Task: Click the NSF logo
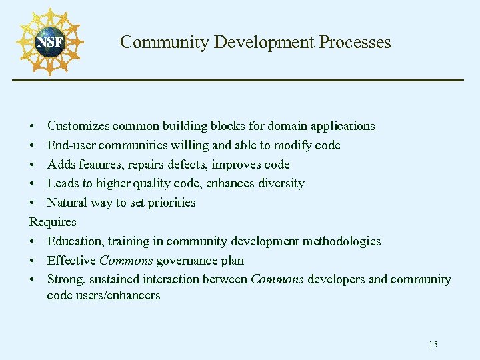pyautogui.click(x=50, y=43)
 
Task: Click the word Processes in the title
pyautogui.click(x=355, y=43)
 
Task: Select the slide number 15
pyautogui.click(x=433, y=345)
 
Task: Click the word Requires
pyautogui.click(x=53, y=222)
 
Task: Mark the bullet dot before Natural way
pyautogui.click(x=33, y=203)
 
